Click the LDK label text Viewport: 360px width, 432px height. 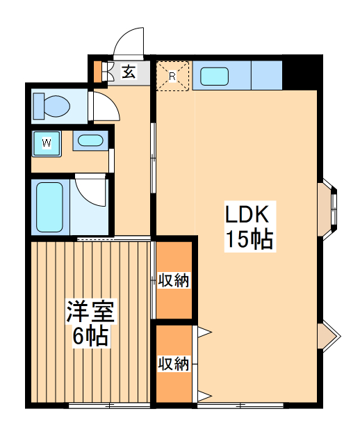[x=249, y=213]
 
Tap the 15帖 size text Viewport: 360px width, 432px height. [x=249, y=240]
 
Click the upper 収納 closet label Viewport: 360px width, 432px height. [x=173, y=280]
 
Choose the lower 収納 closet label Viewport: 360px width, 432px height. [x=173, y=363]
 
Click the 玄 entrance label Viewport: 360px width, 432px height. [x=129, y=70]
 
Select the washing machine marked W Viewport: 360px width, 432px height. [x=47, y=143]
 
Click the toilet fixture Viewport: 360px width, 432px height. [x=52, y=106]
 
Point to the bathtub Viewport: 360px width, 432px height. [x=50, y=207]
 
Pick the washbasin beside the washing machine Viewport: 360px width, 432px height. [x=89, y=141]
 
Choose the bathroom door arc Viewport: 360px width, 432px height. [x=90, y=191]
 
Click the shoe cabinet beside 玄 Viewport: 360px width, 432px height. [x=107, y=71]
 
